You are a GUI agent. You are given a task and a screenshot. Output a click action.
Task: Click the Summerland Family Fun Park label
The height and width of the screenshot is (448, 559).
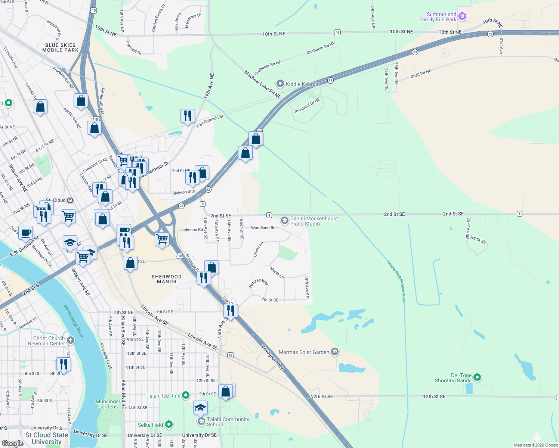(438, 17)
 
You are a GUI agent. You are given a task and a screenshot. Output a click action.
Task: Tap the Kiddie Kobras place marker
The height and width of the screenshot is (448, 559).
(280, 84)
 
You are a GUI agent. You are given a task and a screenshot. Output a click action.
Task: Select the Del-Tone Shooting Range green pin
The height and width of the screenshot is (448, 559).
(477, 377)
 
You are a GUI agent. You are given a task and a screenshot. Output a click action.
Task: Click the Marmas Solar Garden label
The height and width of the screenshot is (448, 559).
(304, 352)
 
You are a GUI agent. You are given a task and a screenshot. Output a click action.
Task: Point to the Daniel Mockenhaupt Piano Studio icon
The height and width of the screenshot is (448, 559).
(285, 221)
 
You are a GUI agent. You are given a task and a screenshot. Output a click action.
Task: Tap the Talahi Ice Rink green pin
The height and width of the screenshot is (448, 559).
(186, 395)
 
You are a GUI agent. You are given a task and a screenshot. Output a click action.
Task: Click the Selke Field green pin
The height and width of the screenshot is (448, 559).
(169, 424)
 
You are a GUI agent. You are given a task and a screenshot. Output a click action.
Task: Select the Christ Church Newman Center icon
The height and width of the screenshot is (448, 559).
(71, 340)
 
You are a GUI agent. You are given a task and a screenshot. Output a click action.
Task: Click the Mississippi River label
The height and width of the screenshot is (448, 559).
(73, 321)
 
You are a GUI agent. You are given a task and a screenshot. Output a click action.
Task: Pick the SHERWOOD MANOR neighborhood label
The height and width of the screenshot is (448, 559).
(167, 279)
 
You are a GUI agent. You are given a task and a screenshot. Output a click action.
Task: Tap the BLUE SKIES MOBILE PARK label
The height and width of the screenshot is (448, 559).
(60, 47)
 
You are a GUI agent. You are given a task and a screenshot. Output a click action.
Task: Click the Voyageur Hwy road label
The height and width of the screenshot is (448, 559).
(272, 357)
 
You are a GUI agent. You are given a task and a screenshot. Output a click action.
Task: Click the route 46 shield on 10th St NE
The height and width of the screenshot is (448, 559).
(337, 32)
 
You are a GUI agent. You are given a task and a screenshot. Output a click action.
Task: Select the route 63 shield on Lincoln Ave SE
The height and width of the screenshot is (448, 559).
(231, 355)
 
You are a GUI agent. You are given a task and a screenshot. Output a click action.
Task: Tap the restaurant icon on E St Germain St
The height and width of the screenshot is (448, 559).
(188, 116)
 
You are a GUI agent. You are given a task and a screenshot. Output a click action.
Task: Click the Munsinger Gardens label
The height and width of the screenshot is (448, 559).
(108, 404)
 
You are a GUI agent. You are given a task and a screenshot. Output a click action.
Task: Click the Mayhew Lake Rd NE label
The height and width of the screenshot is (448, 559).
(262, 85)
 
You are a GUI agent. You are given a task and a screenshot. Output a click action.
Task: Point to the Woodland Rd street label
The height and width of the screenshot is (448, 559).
(263, 228)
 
